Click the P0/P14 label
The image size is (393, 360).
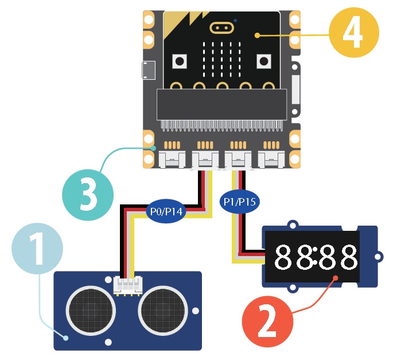click(x=166, y=211)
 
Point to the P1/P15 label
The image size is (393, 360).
click(x=239, y=202)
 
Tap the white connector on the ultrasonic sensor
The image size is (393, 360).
click(x=128, y=285)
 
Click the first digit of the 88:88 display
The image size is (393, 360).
click(x=285, y=257)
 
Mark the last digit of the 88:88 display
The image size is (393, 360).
click(x=347, y=257)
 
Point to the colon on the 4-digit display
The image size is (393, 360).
click(x=316, y=257)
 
